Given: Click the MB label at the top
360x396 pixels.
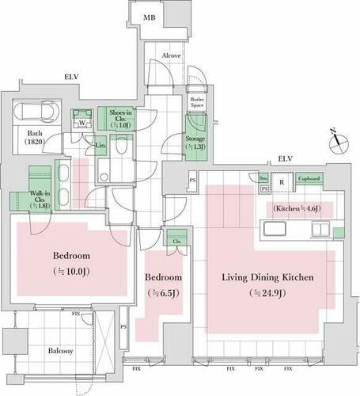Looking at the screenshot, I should pos(149,17).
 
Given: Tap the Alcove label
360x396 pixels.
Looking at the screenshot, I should pos(172,56).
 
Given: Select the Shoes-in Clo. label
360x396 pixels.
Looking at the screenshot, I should pos(120,119).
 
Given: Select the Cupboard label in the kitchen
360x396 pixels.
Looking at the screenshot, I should pos(309,179).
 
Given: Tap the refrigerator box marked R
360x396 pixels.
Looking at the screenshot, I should pos(281,181).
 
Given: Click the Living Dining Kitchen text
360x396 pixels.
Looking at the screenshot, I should pos(267,278).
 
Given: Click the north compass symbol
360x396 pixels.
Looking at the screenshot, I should pos(339,142).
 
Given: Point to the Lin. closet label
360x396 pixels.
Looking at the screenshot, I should pos(100,146).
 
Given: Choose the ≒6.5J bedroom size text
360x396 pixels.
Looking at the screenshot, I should pos(162,293).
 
